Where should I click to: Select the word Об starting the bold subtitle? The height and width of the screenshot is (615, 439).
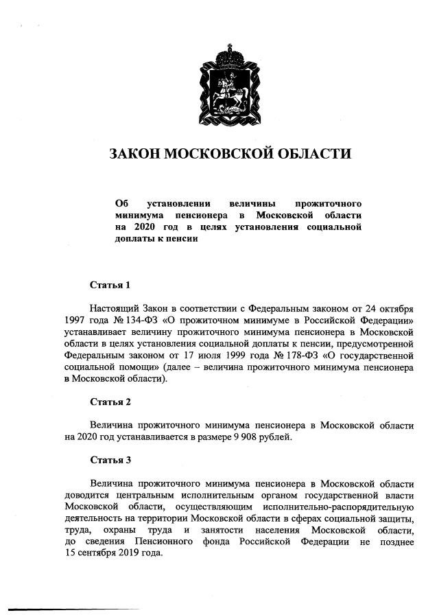point(122,204)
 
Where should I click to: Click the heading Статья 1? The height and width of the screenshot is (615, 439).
point(110,285)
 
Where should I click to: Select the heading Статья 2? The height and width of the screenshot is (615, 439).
point(110,401)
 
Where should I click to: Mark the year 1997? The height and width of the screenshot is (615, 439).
point(75,320)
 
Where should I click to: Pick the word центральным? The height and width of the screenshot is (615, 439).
point(146,495)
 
